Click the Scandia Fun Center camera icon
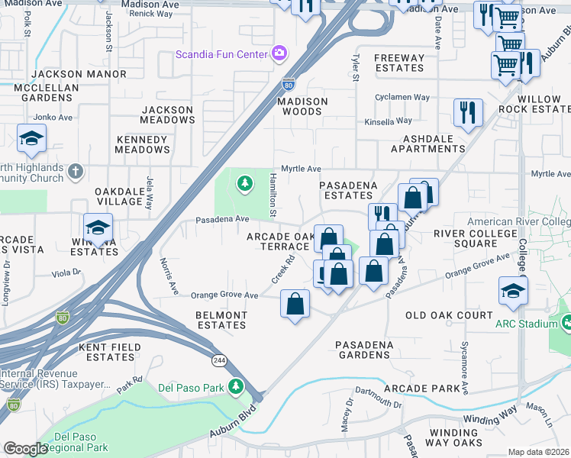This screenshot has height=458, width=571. pyautogui.click(x=280, y=53)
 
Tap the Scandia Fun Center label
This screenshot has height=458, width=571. pyautogui.click(x=221, y=53)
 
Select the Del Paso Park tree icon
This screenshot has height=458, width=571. pyautogui.click(x=237, y=387)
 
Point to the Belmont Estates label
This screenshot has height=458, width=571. pyautogui.click(x=221, y=320)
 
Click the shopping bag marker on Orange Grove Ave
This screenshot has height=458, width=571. pyautogui.click(x=295, y=305)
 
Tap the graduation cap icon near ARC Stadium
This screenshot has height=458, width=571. pyautogui.click(x=513, y=291)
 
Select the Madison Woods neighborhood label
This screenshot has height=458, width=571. pyautogui.click(x=302, y=106)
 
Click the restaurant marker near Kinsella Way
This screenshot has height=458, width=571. pyautogui.click(x=468, y=112)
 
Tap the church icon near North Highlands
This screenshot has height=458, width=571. pyautogui.click(x=75, y=171)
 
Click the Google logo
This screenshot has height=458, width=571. pyautogui.click(x=26, y=449)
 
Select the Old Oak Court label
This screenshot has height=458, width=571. pyautogui.click(x=449, y=315)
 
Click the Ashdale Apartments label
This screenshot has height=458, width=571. pyautogui.click(x=428, y=144)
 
